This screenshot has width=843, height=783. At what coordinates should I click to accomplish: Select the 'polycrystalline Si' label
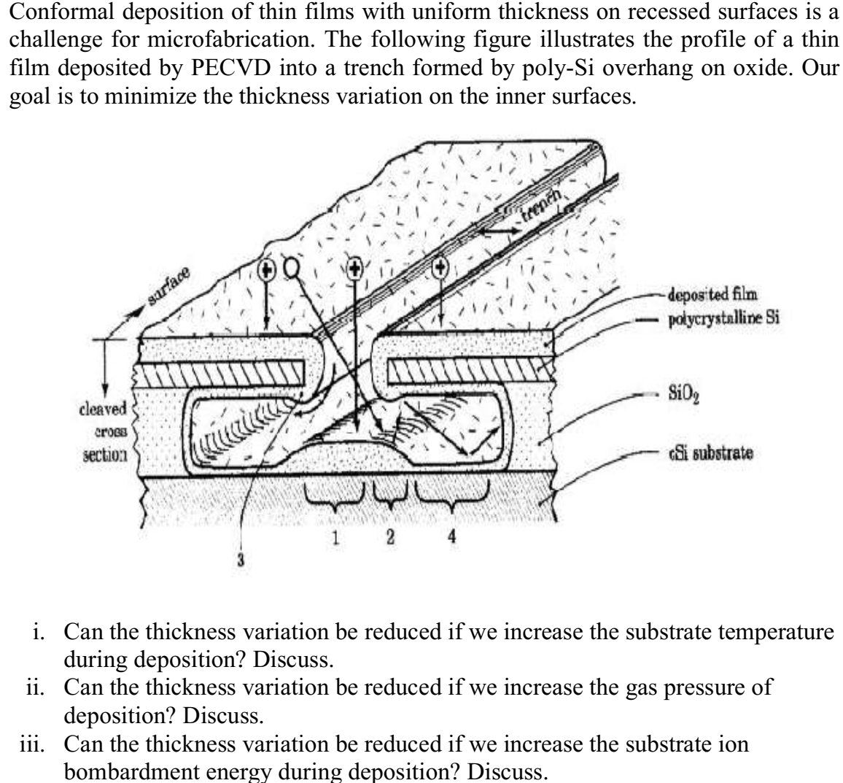coord(710,320)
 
